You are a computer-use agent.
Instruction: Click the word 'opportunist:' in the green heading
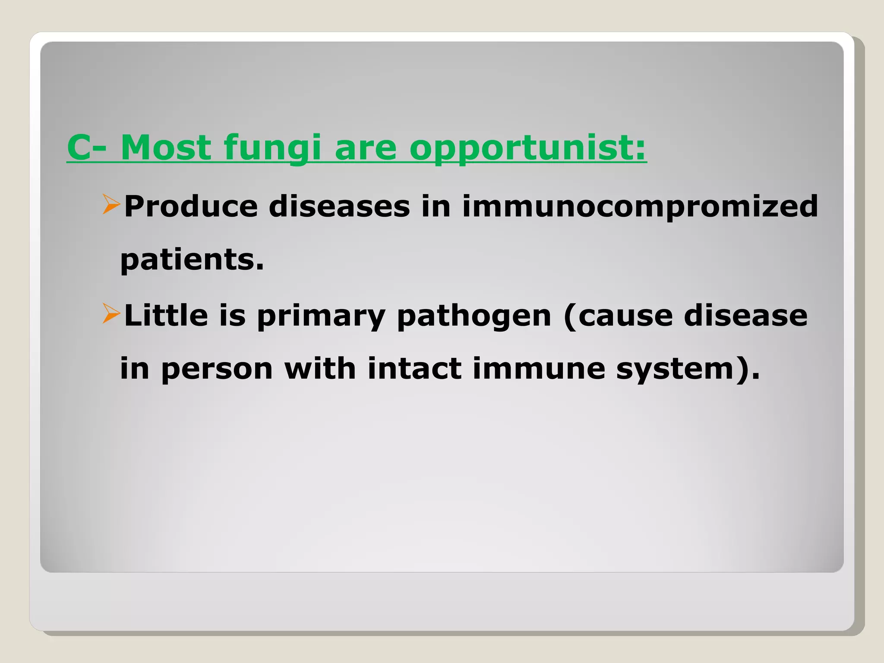[x=527, y=148]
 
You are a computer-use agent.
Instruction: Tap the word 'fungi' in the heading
[x=273, y=148]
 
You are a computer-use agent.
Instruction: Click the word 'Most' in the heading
[x=166, y=148]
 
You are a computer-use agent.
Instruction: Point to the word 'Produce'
[x=191, y=206]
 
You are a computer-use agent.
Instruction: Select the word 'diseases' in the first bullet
[x=339, y=206]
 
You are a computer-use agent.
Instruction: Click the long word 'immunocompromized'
[x=640, y=206]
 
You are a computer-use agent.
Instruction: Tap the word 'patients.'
[x=192, y=260]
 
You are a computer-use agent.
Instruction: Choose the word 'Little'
[x=166, y=316]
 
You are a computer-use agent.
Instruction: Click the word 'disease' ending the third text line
[x=745, y=316]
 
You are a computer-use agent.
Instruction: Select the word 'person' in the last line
[x=217, y=370]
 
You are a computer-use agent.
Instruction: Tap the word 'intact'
[x=414, y=369]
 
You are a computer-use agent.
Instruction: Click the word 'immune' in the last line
[x=539, y=369]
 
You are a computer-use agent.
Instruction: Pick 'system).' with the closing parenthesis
[x=688, y=370]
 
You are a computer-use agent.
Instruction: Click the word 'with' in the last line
[x=320, y=369]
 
